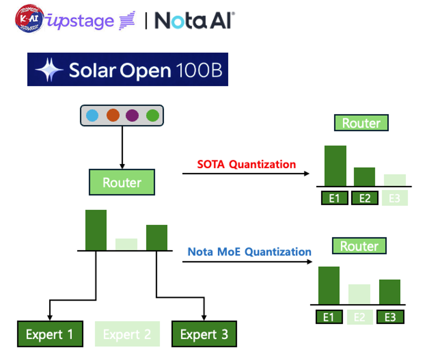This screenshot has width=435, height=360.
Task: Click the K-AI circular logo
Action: (29, 19)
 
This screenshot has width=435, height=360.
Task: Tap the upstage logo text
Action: (81, 21)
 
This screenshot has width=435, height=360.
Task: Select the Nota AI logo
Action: (194, 20)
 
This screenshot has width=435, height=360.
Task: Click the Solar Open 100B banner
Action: (128, 70)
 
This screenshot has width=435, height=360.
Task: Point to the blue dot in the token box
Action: (92, 116)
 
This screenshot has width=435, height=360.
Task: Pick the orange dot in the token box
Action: (113, 116)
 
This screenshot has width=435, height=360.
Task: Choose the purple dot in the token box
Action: (132, 116)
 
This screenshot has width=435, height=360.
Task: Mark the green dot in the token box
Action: (153, 116)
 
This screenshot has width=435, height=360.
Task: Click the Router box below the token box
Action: (122, 182)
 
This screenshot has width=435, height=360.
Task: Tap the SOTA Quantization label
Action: (246, 164)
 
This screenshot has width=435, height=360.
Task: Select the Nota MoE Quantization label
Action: (249, 252)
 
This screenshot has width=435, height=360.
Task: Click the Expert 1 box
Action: (50, 334)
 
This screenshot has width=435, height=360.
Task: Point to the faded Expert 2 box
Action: (127, 334)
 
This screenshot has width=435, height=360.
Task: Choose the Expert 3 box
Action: (204, 334)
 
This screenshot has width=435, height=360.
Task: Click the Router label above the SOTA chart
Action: (361, 123)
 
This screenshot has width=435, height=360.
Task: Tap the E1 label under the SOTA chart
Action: (334, 198)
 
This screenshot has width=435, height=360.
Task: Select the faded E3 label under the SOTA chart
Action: (395, 198)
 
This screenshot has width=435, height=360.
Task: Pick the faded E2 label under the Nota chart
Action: (359, 317)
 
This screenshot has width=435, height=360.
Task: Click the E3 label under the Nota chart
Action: (390, 317)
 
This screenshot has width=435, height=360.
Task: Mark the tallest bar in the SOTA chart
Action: (335, 166)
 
